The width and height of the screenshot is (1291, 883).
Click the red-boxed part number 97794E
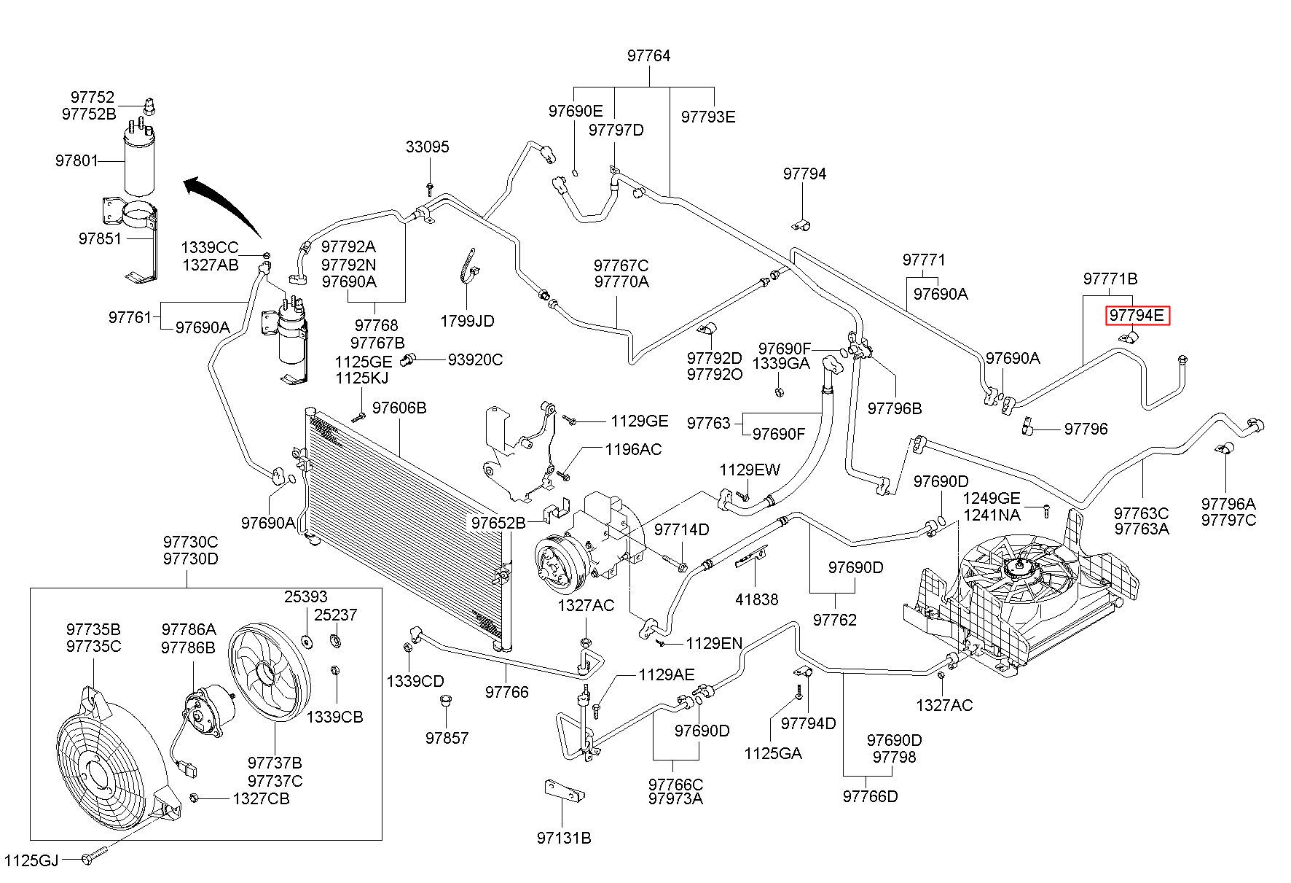pyautogui.click(x=1138, y=316)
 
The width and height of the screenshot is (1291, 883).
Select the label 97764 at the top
pyautogui.click(x=648, y=56)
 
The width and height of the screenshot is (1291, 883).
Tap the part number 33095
pyautogui.click(x=428, y=147)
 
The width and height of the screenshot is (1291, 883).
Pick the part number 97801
pyautogui.click(x=76, y=160)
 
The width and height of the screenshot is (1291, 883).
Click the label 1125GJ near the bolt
pyautogui.click(x=31, y=860)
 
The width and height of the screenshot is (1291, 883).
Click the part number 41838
pyautogui.click(x=756, y=599)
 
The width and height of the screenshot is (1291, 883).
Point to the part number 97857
pyautogui.click(x=447, y=738)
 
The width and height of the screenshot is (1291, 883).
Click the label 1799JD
pyautogui.click(x=467, y=321)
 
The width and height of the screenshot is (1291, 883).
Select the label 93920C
pyautogui.click(x=475, y=360)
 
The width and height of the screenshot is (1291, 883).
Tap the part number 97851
pyautogui.click(x=100, y=238)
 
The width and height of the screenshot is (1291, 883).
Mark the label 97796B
pyautogui.click(x=895, y=409)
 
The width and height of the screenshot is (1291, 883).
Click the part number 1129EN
pyautogui.click(x=714, y=643)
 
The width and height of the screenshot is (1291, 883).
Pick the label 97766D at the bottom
pyautogui.click(x=871, y=796)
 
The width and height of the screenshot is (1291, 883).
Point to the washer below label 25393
pyautogui.click(x=306, y=642)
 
